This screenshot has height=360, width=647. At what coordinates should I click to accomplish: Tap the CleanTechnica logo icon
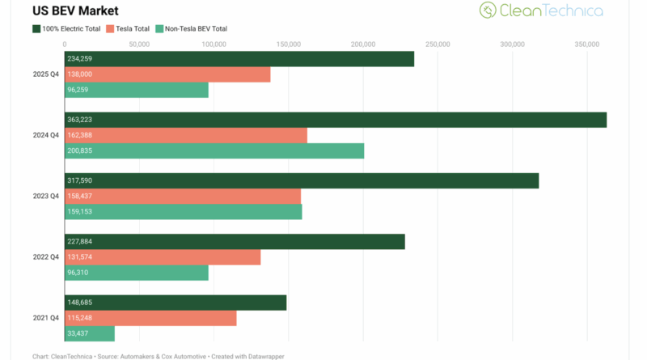click(487, 10)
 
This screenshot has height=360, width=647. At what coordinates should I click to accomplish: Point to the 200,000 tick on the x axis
click(363, 44)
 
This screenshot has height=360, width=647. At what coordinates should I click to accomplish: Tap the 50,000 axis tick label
click(139, 44)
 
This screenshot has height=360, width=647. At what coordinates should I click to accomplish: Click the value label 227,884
click(82, 242)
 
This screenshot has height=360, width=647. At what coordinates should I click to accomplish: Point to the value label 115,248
click(82, 318)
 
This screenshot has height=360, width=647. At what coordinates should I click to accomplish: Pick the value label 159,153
click(82, 212)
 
